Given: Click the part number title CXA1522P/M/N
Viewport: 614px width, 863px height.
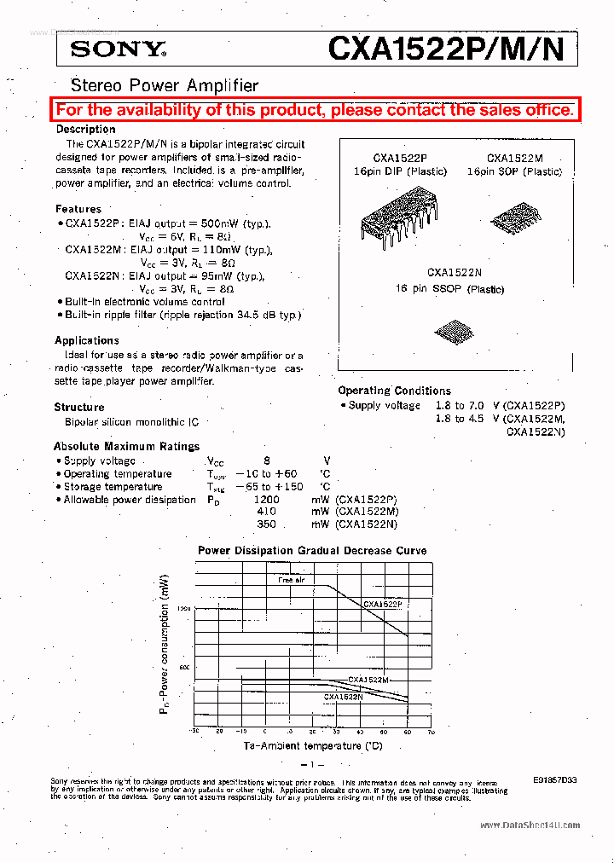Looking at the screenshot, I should coord(446,49).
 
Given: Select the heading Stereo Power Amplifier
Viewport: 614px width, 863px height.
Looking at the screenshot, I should coord(164,85).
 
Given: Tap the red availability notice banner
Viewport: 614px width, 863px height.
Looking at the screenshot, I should coord(315,110).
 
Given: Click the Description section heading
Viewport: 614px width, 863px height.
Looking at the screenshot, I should coord(86,129).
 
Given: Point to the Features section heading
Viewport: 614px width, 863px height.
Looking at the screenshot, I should coord(78,209).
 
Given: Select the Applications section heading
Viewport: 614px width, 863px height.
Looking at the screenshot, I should coord(87,340).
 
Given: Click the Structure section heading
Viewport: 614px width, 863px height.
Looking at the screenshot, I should coord(79,408).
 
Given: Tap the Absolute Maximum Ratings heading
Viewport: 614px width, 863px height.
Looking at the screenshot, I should coord(126,446).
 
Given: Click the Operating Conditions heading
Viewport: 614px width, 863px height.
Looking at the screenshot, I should coord(395,391).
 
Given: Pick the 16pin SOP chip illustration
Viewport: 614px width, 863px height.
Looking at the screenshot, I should coord(514,216).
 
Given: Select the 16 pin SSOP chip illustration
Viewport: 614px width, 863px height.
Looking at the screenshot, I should coord(451,329).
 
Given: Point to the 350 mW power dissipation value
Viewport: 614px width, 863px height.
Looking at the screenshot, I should coord(267,524).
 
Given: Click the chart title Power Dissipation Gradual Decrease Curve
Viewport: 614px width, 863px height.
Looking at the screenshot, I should coord(312,551).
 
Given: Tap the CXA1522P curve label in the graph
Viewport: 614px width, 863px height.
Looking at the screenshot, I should coord(383,604).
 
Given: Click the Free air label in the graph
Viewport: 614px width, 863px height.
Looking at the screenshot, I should coord(291,580).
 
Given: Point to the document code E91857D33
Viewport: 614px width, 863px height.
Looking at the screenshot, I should coord(553,779).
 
